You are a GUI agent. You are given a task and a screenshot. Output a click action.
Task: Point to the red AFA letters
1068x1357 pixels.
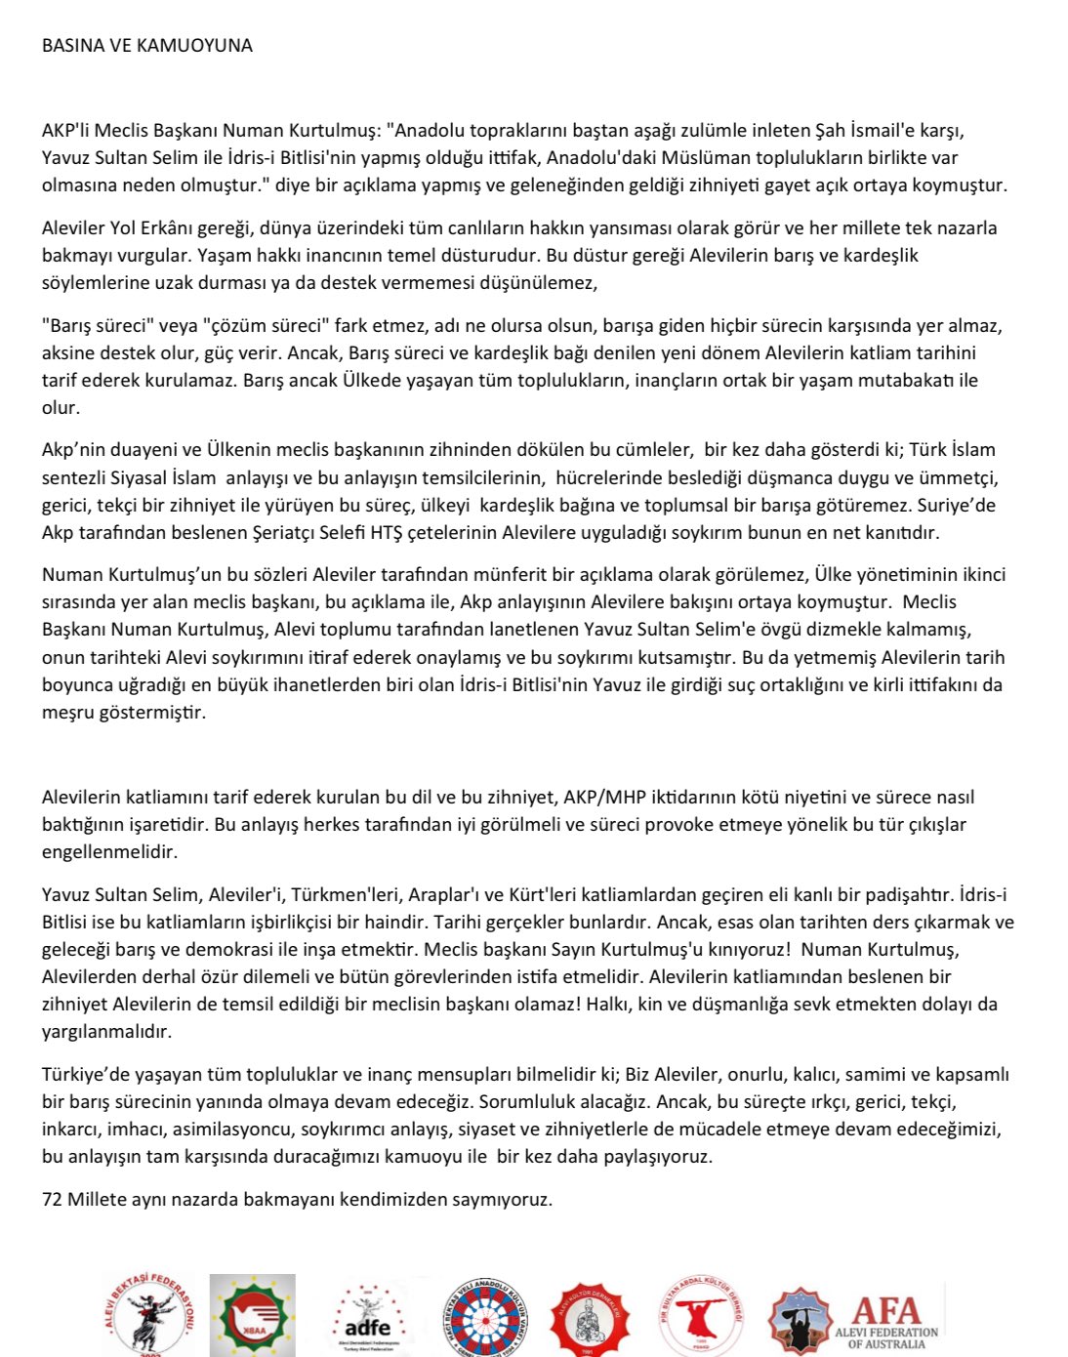(x=886, y=1309)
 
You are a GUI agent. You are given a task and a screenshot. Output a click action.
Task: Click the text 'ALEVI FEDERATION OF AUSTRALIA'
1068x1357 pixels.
(x=886, y=1337)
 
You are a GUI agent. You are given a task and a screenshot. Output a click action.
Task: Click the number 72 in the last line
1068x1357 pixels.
(x=52, y=1199)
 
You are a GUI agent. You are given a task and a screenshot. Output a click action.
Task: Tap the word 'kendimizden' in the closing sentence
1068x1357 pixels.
(x=390, y=1199)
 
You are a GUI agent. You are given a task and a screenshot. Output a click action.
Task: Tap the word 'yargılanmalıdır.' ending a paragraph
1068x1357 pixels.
(x=106, y=1031)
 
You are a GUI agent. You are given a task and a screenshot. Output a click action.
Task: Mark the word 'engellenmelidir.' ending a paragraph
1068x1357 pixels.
(x=110, y=851)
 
